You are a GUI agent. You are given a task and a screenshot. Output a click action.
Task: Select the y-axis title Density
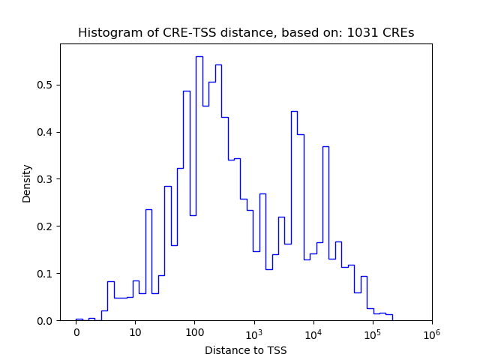click(x=27, y=183)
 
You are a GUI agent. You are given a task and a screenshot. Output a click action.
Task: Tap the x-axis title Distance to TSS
click(x=246, y=350)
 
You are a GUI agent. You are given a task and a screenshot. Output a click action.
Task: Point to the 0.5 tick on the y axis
click(x=46, y=85)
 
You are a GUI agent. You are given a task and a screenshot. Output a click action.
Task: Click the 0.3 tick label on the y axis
click(x=46, y=179)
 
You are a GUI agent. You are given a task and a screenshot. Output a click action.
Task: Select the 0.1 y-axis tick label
click(x=46, y=274)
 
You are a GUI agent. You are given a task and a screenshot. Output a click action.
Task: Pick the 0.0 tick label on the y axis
click(x=46, y=321)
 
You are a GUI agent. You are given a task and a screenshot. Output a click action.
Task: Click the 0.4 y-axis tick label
click(x=46, y=132)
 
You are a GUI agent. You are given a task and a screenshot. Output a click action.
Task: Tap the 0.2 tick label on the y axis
click(x=46, y=226)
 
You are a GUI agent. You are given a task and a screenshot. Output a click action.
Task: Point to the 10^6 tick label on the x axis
click(x=431, y=332)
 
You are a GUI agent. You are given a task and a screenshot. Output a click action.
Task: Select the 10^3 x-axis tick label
click(x=253, y=332)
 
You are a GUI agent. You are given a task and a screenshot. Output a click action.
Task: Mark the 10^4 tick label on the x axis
click(x=313, y=332)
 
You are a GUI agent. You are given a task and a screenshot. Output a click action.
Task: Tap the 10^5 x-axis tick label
click(x=372, y=332)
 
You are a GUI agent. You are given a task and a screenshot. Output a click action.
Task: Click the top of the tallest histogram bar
click(x=199, y=56)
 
